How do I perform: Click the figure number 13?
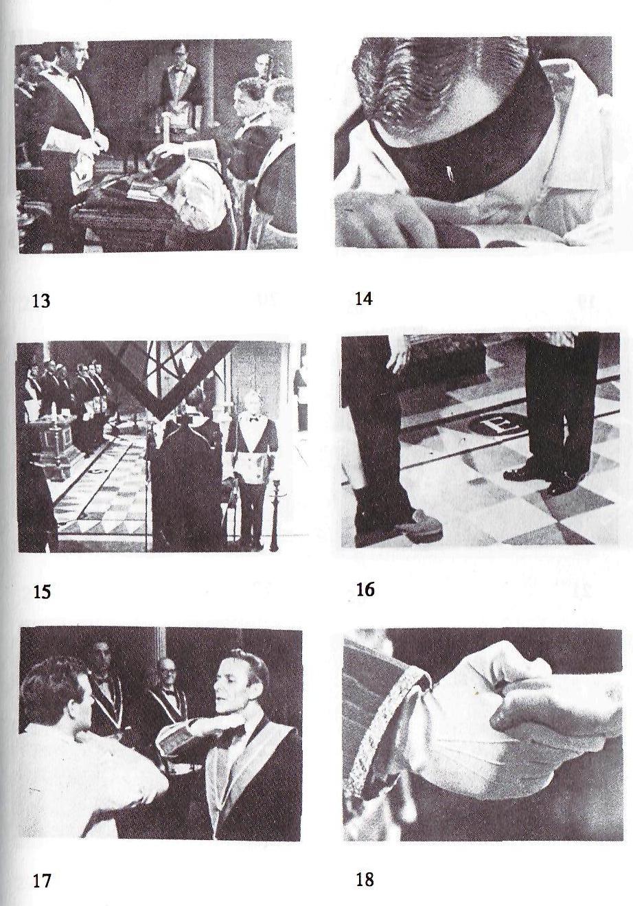pyautogui.click(x=41, y=302)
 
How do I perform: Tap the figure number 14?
pyautogui.click(x=363, y=299)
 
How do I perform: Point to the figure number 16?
pyautogui.click(x=365, y=590)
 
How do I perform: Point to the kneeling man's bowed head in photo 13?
pyautogui.click(x=168, y=160)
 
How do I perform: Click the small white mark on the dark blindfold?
pyautogui.click(x=449, y=174)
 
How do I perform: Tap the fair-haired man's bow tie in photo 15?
pyautogui.click(x=253, y=420)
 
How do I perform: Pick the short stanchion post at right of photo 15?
pyautogui.click(x=274, y=512)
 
